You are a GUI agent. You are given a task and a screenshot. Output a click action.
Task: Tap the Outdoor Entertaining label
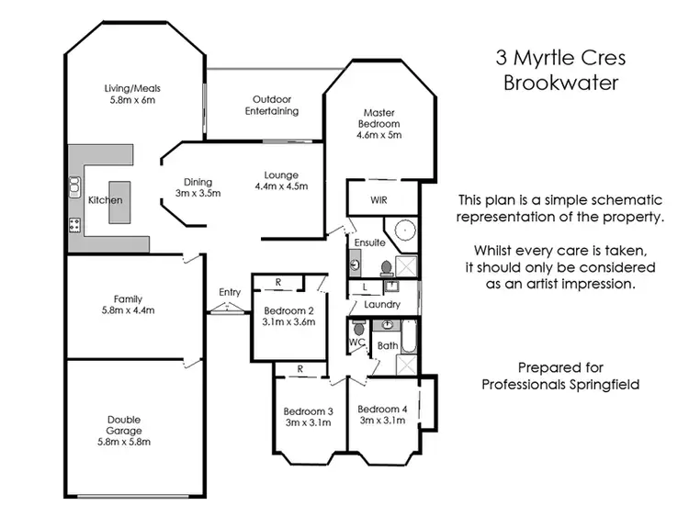tap(272, 105)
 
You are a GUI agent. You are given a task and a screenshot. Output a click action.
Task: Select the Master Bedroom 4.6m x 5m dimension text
tap(379, 135)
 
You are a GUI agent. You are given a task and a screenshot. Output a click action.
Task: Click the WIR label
tap(379, 199)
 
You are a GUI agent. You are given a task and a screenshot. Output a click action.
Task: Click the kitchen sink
tap(73, 186)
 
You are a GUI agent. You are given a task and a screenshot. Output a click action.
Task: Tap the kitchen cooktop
tap(74, 223)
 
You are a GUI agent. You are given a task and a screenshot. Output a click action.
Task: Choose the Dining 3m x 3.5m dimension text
tap(198, 194)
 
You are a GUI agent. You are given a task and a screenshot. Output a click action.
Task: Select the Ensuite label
tap(366, 243)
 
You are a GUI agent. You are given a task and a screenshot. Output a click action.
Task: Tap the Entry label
tap(230, 293)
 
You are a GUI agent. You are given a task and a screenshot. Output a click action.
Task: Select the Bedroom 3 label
tap(308, 410)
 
